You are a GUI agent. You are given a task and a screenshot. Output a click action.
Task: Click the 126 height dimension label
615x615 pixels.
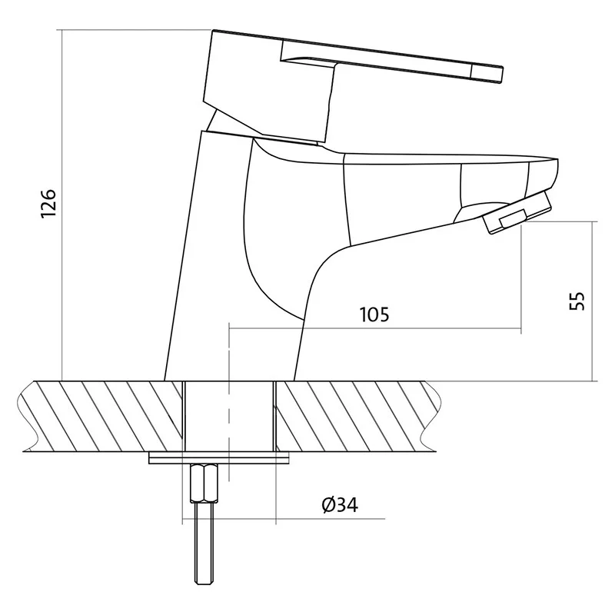pyautogui.click(x=48, y=204)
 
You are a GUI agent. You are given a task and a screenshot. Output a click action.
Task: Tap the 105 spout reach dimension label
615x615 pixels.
pyautogui.click(x=374, y=314)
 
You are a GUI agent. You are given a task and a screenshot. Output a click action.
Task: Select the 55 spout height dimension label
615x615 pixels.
pyautogui.click(x=577, y=301)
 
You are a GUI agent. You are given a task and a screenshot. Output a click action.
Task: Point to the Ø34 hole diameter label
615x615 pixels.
pyautogui.click(x=340, y=504)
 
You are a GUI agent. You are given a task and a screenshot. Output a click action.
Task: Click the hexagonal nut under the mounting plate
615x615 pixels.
pyautogui.click(x=204, y=484)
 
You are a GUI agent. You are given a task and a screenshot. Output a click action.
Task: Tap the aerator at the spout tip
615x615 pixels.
pyautogui.click(x=517, y=212)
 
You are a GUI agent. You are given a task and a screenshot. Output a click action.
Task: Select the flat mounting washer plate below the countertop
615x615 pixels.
pyautogui.click(x=218, y=458)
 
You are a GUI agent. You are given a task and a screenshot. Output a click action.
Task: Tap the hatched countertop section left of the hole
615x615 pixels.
pyautogui.click(x=103, y=416)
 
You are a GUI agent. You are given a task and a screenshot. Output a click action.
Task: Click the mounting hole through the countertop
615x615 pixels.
pyautogui.click(x=229, y=416)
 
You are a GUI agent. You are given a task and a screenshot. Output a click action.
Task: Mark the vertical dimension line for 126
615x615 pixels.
pyautogui.click(x=62, y=205)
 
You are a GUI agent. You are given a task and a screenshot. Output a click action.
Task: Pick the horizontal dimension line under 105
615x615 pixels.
pyautogui.click(x=375, y=329)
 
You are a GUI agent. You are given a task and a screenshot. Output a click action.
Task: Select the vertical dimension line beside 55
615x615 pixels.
pyautogui.click(x=592, y=301)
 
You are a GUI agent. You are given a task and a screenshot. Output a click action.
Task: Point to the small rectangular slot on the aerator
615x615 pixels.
pyautogui.click(x=512, y=218)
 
